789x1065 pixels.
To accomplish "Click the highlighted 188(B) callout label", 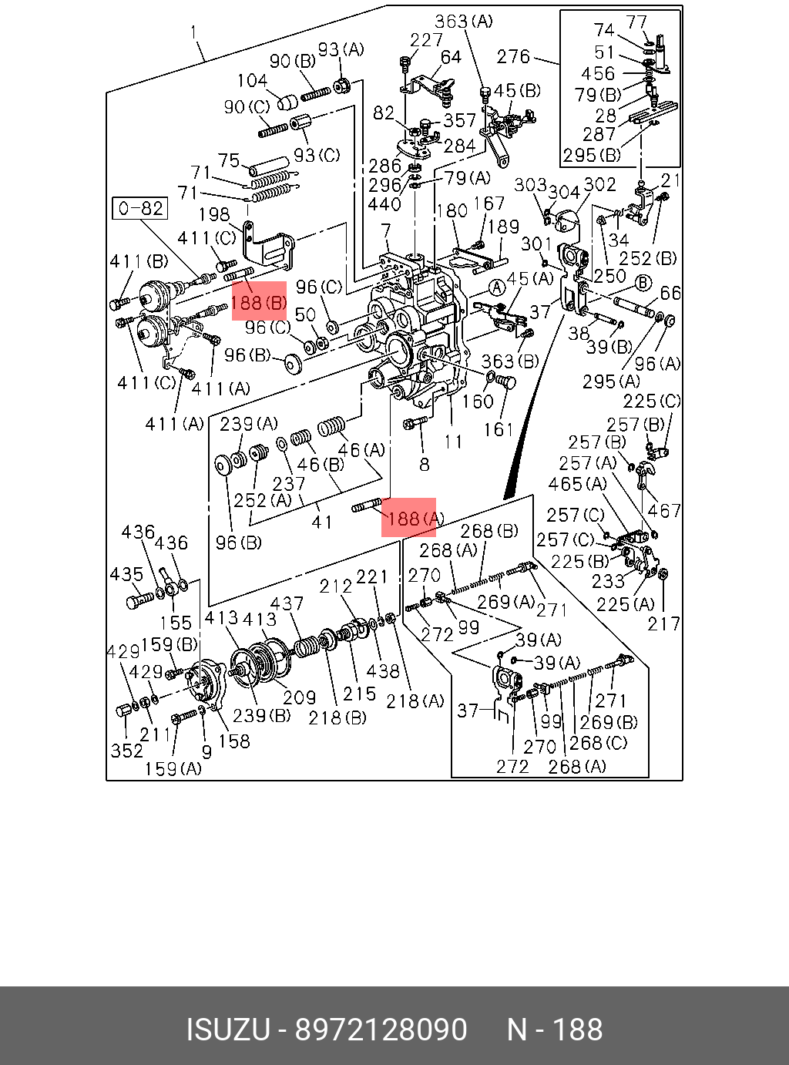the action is point(259,303).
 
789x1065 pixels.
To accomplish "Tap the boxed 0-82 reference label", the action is point(139,208).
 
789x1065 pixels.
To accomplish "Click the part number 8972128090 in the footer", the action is point(381,1029).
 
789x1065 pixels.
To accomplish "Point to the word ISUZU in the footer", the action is point(228,1029).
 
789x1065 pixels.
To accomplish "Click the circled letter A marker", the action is point(497,288).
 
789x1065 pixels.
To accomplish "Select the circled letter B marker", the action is point(643,283).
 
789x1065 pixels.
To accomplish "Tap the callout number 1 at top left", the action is point(193,32).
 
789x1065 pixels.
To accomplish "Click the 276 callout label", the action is point(513,57).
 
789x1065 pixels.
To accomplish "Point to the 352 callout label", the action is point(127,751).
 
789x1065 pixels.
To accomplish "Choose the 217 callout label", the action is point(663,623).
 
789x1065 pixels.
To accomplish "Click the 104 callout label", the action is point(253,80).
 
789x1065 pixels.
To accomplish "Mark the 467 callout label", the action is point(664,510).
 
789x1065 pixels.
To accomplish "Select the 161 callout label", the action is point(499,429).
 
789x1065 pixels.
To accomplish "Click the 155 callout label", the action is point(175,623).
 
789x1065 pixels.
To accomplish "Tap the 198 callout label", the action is point(213,214).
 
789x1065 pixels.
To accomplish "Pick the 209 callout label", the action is point(299,697).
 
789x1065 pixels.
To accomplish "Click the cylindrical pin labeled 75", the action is point(269,166).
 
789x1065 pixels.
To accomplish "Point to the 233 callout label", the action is point(607,581).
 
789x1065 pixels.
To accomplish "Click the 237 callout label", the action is point(289,483).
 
